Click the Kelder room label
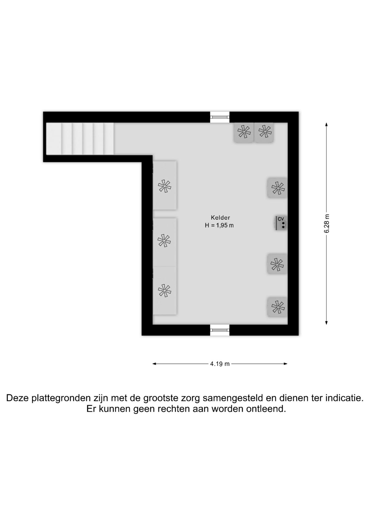coord(220,218)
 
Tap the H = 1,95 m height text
coord(219,225)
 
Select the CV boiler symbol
coord(281,223)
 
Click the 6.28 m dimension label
coord(327,223)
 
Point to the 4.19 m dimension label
coord(220,364)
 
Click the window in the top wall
coord(220,117)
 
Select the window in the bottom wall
coord(220,330)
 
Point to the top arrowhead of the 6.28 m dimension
coord(326,124)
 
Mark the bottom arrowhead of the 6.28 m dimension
coord(326,323)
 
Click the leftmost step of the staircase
coord(54,139)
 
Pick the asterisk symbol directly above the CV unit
coord(278,188)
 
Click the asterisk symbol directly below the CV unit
coord(277,264)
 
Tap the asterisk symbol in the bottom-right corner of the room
coord(278,307)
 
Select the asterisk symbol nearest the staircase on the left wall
coord(165,186)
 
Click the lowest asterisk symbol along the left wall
coord(165,290)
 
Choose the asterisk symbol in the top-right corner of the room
coord(265,131)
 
